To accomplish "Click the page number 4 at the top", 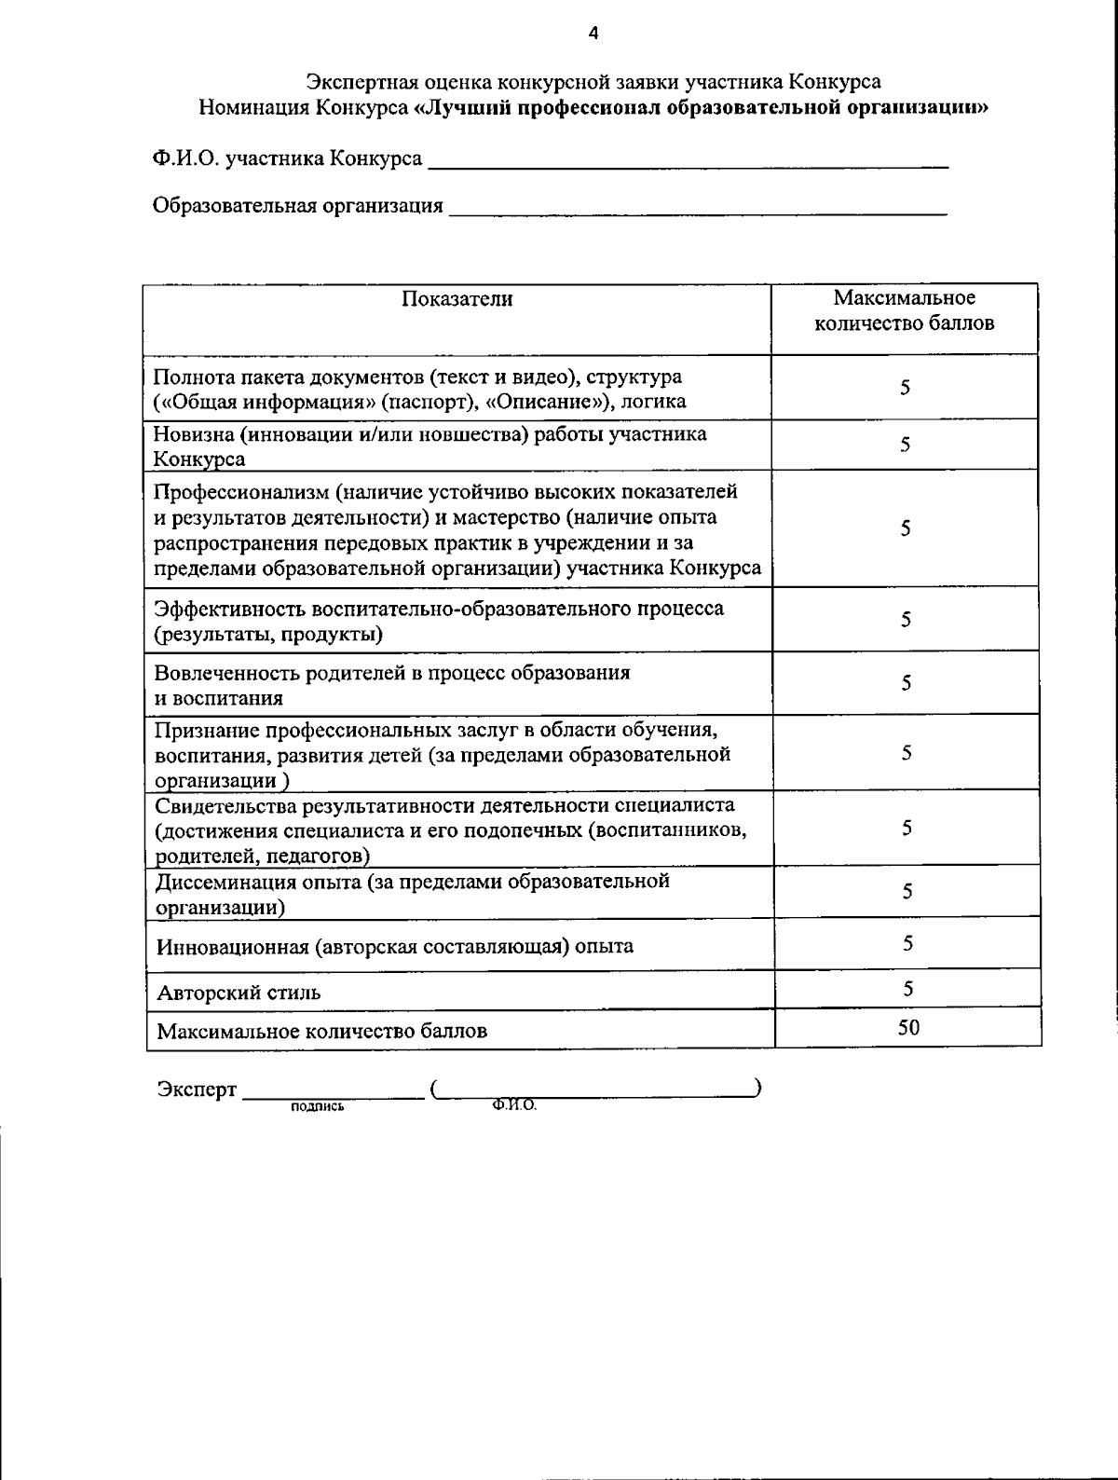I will point(593,34).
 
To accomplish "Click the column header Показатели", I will point(457,299).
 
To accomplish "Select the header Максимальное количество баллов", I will point(904,311).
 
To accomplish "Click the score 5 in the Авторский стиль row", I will point(907,988).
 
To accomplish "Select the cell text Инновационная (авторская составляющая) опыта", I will point(395,947).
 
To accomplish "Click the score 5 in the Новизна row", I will point(905,445).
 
